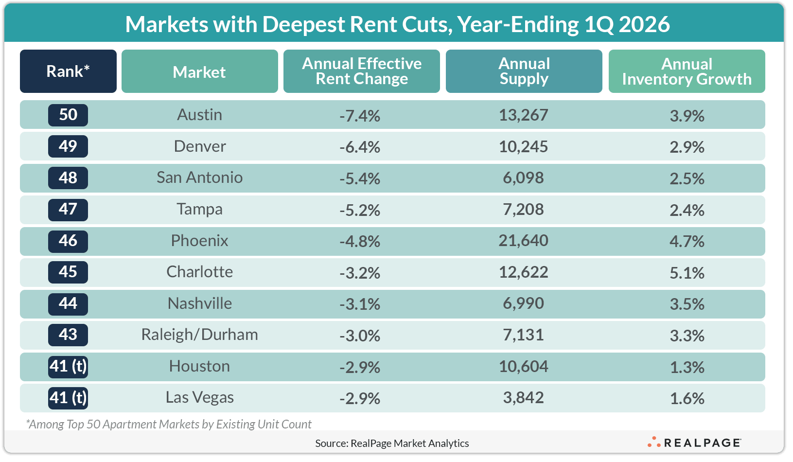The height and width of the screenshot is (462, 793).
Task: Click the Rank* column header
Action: click(68, 71)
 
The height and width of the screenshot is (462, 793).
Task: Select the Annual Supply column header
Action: click(524, 71)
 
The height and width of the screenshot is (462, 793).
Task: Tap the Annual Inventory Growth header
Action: click(687, 71)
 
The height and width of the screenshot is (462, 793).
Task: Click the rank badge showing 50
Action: click(68, 115)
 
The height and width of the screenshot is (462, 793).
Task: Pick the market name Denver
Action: click(200, 146)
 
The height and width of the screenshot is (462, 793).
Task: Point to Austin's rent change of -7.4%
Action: click(360, 116)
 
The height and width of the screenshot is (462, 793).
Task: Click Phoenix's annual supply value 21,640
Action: click(523, 241)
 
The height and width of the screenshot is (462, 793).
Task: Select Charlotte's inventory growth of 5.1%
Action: click(687, 273)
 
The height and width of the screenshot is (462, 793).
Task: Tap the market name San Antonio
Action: click(200, 178)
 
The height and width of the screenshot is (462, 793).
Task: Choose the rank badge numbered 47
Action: click(68, 209)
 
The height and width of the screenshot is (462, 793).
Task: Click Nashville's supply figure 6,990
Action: click(523, 303)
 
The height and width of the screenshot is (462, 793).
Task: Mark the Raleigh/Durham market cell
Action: click(200, 335)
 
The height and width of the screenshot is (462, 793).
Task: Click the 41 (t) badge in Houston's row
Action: click(68, 366)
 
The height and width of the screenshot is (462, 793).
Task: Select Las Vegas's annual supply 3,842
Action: click(523, 398)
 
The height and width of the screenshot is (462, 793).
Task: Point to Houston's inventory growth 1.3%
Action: click(687, 367)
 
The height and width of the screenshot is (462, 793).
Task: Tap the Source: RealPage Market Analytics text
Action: click(392, 443)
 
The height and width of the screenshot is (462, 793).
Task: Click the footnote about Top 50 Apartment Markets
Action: click(169, 424)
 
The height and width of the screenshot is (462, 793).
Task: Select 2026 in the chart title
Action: click(644, 24)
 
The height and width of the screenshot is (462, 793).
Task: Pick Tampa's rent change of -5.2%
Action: click(360, 210)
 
